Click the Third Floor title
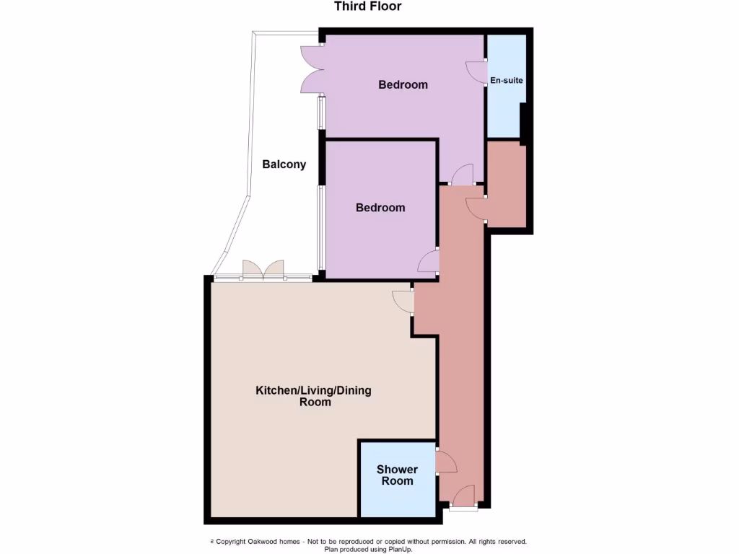click(x=368, y=6)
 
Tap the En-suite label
click(x=506, y=80)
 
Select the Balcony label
click(x=284, y=164)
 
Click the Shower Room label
click(x=397, y=475)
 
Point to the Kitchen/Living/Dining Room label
click(x=314, y=396)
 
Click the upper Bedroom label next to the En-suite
click(x=403, y=84)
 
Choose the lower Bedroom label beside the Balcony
click(x=380, y=208)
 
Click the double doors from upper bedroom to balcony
click(x=311, y=69)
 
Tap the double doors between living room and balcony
click(x=263, y=270)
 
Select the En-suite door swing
click(x=476, y=71)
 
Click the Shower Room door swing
click(x=445, y=462)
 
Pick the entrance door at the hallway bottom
click(x=463, y=497)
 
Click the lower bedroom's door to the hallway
click(x=429, y=261)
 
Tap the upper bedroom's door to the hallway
click(x=462, y=174)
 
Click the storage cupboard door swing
click(x=476, y=208)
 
